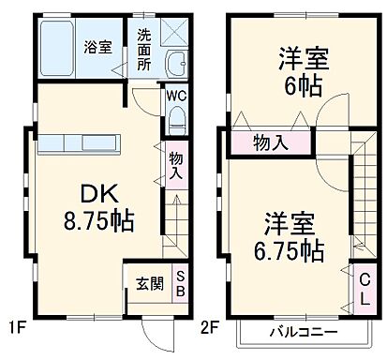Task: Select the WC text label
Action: pos(177,95)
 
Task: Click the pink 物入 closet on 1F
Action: pos(175,166)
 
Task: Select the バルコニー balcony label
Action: pos(304,332)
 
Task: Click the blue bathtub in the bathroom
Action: pos(58,48)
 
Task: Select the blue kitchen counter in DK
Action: pos(80,142)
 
